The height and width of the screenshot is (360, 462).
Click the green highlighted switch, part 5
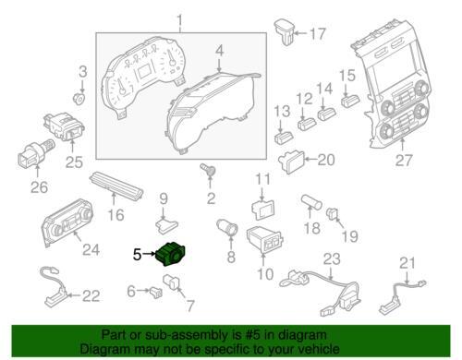pos(173,252)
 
